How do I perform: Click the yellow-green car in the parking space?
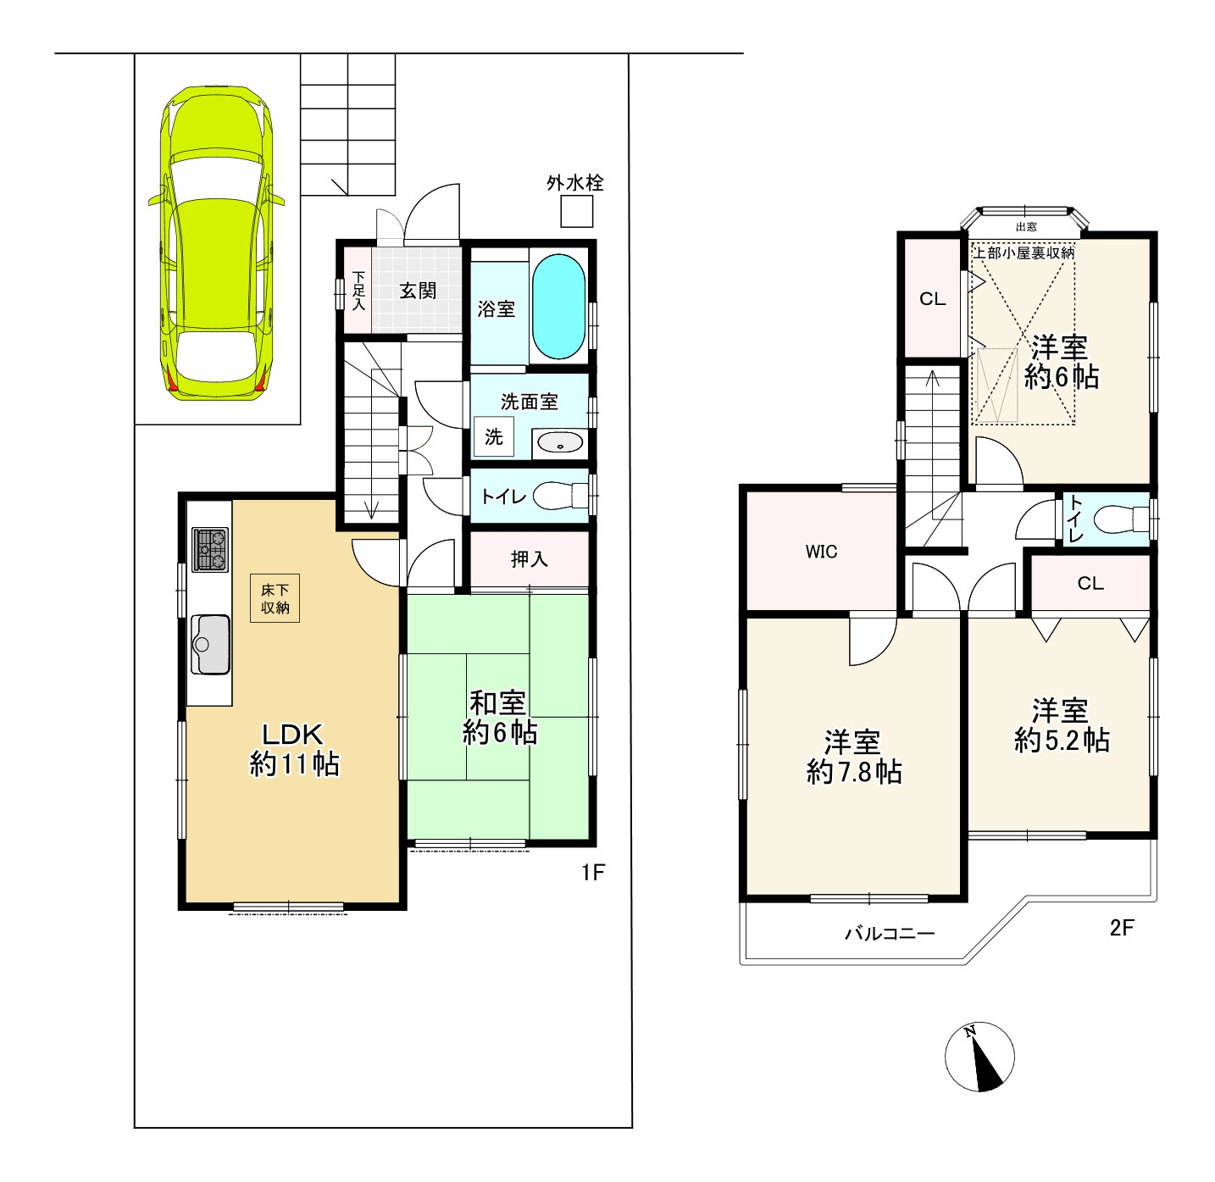pos(216,243)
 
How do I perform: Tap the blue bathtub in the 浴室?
pos(559,306)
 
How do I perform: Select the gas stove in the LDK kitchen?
pos(210,549)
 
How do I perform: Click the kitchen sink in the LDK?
pos(210,645)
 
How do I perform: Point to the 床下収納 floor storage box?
pos(275,598)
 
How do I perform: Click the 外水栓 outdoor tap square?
pos(576,212)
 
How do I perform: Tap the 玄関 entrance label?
pos(418,291)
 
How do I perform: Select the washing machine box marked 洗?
pos(493,436)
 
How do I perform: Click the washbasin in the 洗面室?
pos(560,442)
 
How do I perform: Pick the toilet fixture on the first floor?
pos(561,496)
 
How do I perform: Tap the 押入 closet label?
pos(530,559)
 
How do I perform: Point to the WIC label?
pos(821,552)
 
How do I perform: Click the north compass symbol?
pos(979,1057)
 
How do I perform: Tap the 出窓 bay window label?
pos(1026,227)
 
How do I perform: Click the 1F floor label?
pos(593,872)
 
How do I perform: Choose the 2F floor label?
pos(1121,928)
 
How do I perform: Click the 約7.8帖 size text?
pos(854,773)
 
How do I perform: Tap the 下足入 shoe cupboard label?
pos(358,291)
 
